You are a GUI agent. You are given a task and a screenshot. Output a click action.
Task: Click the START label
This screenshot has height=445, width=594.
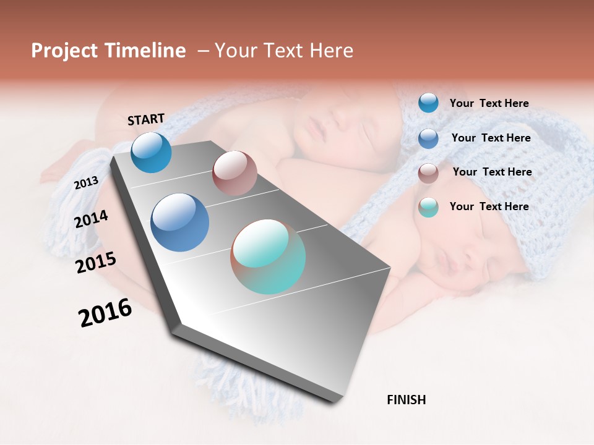point(146,119)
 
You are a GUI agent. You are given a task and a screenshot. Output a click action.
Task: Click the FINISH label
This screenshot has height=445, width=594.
point(406,400)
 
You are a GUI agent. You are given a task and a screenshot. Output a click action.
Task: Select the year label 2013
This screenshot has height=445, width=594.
point(87,183)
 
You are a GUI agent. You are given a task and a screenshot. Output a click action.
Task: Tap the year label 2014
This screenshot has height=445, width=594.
point(91,219)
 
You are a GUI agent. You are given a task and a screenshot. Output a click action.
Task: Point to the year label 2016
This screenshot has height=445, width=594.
point(105,313)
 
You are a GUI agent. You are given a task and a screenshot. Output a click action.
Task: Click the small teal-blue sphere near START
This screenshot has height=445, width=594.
point(151,153)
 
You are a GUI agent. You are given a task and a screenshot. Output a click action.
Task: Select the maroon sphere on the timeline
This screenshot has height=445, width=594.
point(235,173)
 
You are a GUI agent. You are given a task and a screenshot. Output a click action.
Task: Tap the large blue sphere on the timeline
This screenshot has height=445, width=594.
point(180,222)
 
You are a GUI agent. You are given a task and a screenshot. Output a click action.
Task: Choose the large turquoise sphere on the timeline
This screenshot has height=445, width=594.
point(268,256)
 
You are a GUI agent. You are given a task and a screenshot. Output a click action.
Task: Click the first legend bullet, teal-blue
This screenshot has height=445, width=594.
point(428,103)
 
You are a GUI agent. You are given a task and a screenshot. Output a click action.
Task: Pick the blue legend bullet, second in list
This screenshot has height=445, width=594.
point(428,138)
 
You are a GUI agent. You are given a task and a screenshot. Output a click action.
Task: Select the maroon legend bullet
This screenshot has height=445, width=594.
point(428,173)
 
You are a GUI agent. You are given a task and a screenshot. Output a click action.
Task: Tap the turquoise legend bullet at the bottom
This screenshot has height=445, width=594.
point(428,207)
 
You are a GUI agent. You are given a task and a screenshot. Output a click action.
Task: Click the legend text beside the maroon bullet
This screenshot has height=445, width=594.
point(492,172)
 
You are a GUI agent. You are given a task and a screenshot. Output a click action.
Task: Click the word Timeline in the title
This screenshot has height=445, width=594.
point(145,51)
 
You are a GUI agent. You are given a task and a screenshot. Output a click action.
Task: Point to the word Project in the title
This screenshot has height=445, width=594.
point(63,51)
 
